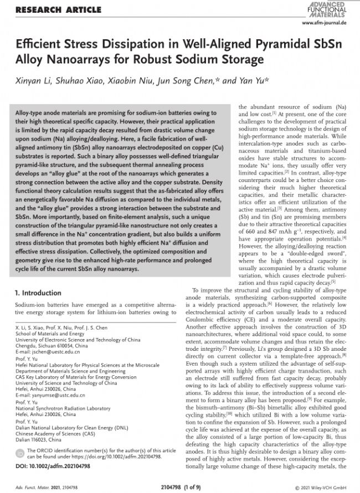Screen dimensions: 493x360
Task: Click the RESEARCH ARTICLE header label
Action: click(x=58, y=10)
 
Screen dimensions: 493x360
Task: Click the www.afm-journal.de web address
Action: click(x=325, y=23)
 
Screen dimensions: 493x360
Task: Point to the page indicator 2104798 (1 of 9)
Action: click(x=180, y=485)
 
